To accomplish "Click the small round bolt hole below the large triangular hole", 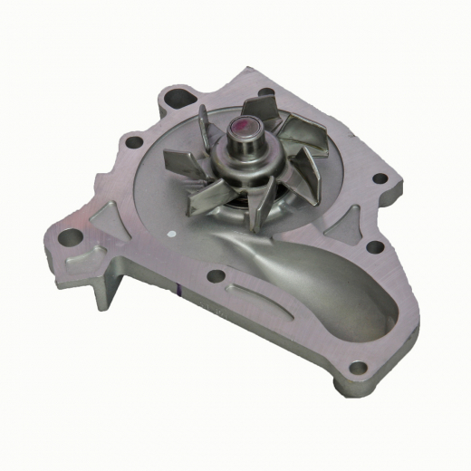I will pyautogui.click(x=135, y=142).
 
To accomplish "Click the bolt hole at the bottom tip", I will pyautogui.click(x=359, y=369).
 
